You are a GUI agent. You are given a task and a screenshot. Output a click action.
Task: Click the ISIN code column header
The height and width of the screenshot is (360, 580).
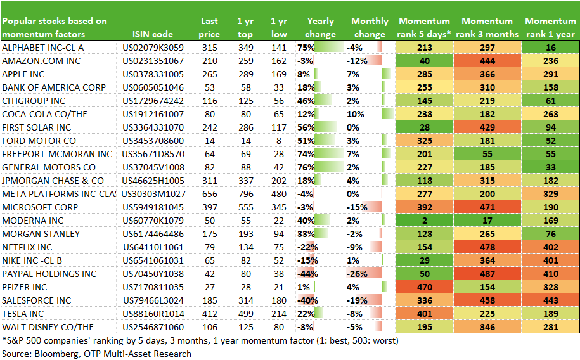152,34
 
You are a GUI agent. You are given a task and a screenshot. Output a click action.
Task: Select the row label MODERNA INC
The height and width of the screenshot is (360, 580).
33,221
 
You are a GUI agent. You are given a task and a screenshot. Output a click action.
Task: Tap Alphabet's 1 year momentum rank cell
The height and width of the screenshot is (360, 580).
550,48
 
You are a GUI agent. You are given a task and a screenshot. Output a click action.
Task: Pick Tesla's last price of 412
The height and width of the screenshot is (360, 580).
209,314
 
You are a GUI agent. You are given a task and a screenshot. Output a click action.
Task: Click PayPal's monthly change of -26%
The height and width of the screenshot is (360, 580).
357,274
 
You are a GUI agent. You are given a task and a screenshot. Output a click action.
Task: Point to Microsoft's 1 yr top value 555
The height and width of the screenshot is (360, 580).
245,207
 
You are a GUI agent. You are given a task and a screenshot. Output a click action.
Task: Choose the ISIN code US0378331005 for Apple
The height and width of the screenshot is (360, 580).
153,74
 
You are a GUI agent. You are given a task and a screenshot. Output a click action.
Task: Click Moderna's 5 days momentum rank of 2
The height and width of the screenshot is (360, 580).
424,221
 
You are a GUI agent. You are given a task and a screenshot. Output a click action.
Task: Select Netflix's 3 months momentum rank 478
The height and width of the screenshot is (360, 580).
487,248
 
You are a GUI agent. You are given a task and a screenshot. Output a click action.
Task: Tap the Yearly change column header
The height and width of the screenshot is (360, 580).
320,28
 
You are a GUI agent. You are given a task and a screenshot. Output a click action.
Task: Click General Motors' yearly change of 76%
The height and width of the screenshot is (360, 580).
306,167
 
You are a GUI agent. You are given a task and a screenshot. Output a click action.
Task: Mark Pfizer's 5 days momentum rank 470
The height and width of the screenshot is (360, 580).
424,288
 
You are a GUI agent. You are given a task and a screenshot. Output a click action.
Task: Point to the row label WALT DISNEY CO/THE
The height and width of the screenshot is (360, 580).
48,328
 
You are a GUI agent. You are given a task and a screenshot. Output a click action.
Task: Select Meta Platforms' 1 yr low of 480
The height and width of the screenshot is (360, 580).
278,194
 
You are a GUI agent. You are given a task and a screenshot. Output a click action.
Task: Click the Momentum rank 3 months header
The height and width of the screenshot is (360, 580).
487,28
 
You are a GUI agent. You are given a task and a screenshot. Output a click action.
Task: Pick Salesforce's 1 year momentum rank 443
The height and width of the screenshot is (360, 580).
550,301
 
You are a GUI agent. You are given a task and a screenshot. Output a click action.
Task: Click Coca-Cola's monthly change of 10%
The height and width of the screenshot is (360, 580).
356,114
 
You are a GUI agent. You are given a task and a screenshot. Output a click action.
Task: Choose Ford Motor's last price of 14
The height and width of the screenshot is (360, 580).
209,141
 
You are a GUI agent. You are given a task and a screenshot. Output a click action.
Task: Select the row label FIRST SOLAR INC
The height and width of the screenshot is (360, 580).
37,127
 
